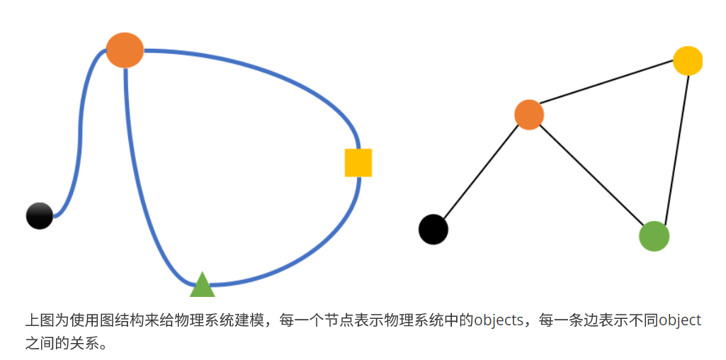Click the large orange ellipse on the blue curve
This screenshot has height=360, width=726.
tap(125, 50)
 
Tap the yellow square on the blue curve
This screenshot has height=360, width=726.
tap(358, 162)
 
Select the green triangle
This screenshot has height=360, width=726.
tap(202, 286)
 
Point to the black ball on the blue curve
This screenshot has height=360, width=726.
tap(40, 215)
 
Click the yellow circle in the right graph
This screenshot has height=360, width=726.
tap(687, 61)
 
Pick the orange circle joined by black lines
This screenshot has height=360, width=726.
tap(528, 115)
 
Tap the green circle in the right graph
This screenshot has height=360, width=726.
tap(654, 236)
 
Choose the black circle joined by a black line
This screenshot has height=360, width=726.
tap(433, 229)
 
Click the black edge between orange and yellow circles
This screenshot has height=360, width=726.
tap(608, 88)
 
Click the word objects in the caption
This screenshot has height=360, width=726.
tap(499, 320)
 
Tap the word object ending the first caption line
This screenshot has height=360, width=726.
tap(680, 320)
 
